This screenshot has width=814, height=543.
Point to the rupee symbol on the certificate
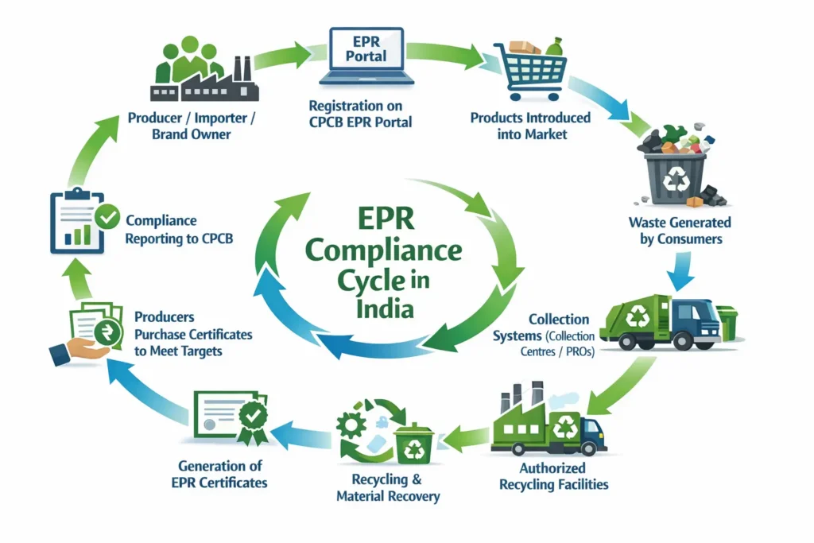(x=101, y=330)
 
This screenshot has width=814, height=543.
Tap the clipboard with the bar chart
(x=78, y=223)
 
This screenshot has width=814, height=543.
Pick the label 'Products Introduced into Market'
(x=530, y=126)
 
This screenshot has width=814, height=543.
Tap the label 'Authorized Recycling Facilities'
(x=553, y=475)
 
